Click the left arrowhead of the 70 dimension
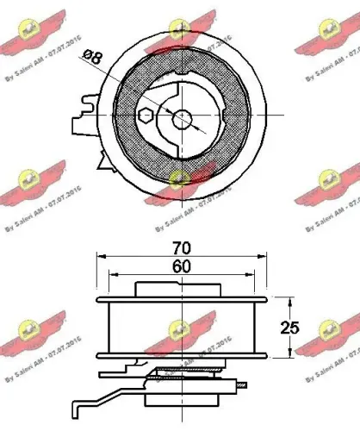coord(100,256)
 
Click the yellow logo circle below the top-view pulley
coord(180,178)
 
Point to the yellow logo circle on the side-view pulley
coord(180,328)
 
